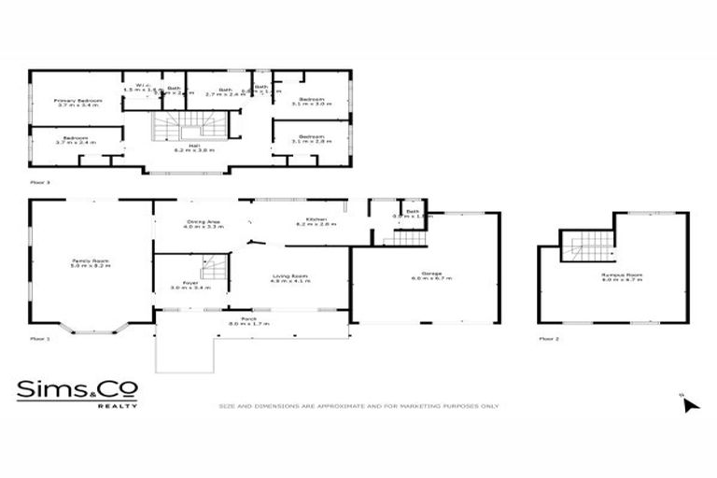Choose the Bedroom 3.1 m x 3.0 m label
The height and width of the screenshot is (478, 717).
coord(311,102)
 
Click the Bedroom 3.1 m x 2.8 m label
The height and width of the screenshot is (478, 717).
coord(311,139)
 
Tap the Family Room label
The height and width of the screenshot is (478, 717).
coord(91,263)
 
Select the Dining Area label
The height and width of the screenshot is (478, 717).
coord(202,224)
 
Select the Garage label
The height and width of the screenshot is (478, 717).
coord(430,275)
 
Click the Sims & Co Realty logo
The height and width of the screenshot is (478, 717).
coord(77,392)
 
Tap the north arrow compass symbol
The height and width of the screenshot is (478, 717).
coord(691,404)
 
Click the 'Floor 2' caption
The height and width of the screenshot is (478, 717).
coord(550,339)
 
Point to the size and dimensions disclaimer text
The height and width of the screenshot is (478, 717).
coord(358,406)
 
